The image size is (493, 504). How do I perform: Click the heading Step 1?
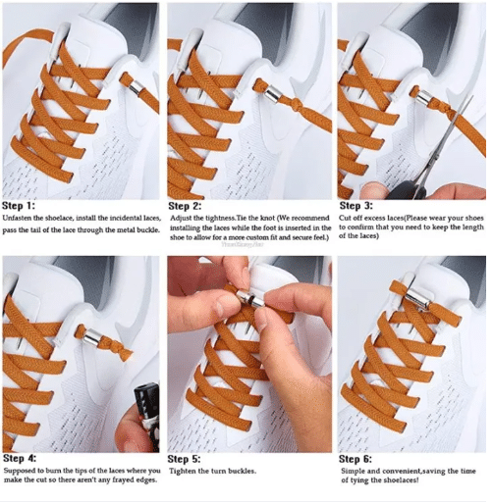[19, 206]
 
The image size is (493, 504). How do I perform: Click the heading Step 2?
[185, 206]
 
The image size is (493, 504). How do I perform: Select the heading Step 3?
[356, 206]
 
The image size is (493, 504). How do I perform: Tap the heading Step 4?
[20, 458]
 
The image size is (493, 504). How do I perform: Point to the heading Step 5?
[184, 459]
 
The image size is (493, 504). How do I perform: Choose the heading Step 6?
[356, 459]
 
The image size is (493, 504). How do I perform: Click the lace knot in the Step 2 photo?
[299, 106]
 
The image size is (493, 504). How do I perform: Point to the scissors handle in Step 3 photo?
[407, 191]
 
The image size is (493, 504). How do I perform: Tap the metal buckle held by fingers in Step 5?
[250, 298]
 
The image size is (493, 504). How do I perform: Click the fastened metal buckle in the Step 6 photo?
[419, 299]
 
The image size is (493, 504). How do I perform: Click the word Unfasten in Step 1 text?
[17, 219]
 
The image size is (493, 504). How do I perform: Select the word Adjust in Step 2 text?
[180, 219]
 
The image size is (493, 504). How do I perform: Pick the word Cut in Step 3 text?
[345, 218]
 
